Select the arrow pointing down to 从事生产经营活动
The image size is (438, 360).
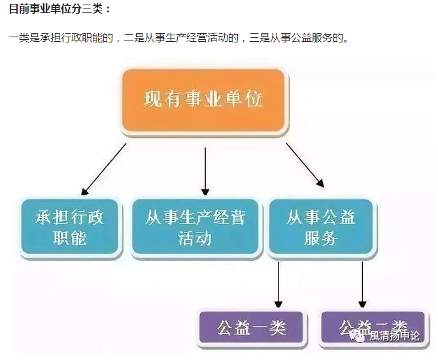tap(205, 171)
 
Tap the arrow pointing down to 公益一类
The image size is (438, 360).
tap(278, 284)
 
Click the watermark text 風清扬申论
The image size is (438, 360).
tap(394, 337)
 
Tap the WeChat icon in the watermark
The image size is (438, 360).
tap(358, 336)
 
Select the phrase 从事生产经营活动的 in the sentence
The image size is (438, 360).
tap(190, 37)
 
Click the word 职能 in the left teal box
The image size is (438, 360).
tap(70, 238)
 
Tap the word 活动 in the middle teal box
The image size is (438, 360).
tap(195, 238)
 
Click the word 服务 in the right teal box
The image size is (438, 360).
tap(321, 238)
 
